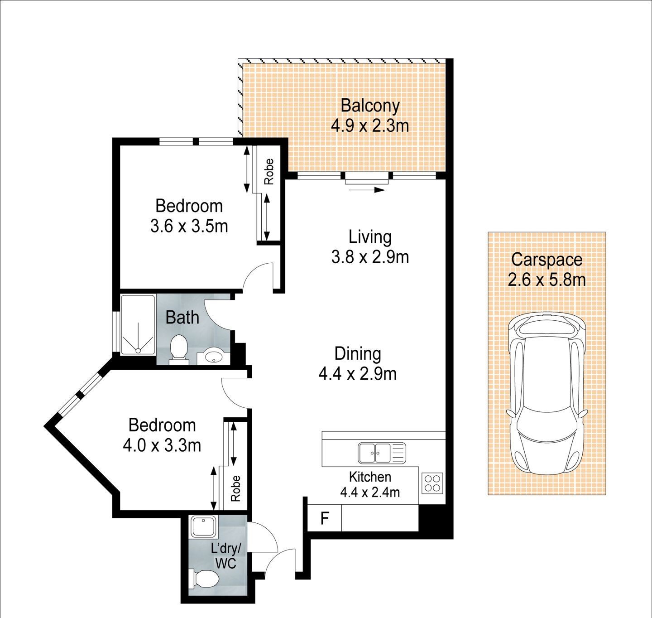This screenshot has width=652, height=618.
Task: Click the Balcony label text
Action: pyautogui.click(x=370, y=106)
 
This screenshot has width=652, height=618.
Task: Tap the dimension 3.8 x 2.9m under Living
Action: pyautogui.click(x=370, y=257)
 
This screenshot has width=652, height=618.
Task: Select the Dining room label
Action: pyautogui.click(x=358, y=354)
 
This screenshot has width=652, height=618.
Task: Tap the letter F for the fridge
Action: pyautogui.click(x=325, y=518)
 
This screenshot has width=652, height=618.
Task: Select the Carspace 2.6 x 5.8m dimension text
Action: pyautogui.click(x=547, y=280)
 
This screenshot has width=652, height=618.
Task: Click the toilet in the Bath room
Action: pyautogui.click(x=178, y=349)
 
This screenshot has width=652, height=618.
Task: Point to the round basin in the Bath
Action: pyautogui.click(x=213, y=356)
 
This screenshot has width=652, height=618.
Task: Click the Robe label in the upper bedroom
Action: pyautogui.click(x=269, y=171)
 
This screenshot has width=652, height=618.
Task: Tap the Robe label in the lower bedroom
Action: pyautogui.click(x=235, y=488)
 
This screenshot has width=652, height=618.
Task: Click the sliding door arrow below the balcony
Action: pyautogui.click(x=367, y=190)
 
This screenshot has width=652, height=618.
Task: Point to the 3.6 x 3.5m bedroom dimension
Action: pyautogui.click(x=189, y=226)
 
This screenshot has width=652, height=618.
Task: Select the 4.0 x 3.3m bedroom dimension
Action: pyautogui.click(x=162, y=445)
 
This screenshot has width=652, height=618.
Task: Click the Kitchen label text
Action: pyautogui.click(x=370, y=477)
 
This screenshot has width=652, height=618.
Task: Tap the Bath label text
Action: pyautogui.click(x=182, y=318)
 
